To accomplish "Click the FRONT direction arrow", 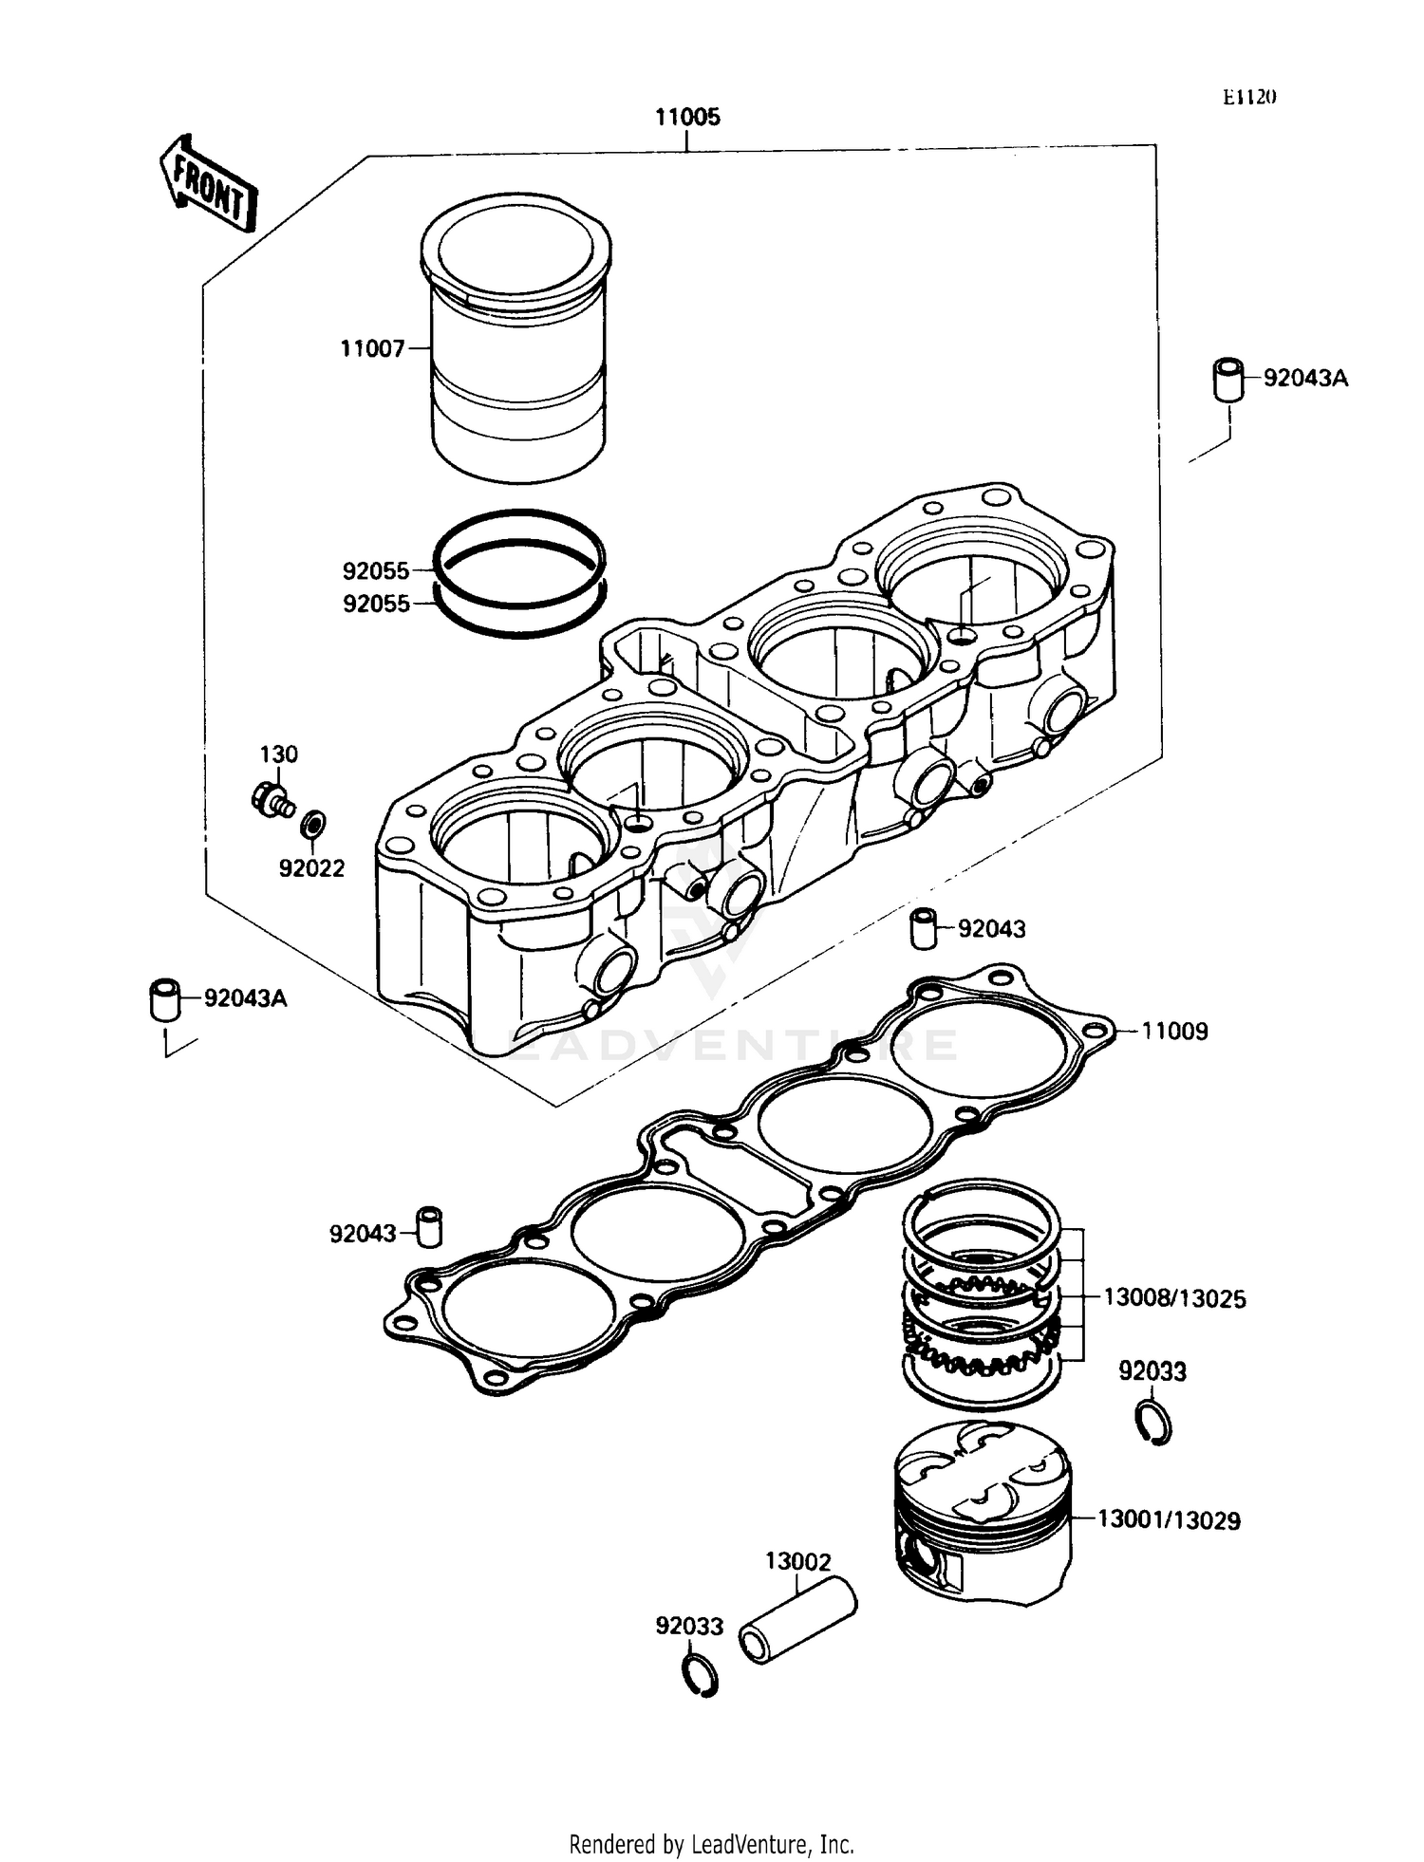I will pyautogui.click(x=208, y=183).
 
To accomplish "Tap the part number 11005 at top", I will pyautogui.click(x=687, y=117).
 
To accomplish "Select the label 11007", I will pyautogui.click(x=372, y=349).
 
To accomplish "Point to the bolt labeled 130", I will pyautogui.click(x=272, y=799).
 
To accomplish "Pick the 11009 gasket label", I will pyautogui.click(x=1174, y=1031).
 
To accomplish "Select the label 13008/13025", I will pyautogui.click(x=1174, y=1298).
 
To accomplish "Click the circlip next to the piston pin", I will pyautogui.click(x=700, y=1676).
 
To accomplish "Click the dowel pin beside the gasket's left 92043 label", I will pyautogui.click(x=431, y=1227).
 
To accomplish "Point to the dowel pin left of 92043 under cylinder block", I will pyautogui.click(x=924, y=928).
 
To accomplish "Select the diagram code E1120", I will pyautogui.click(x=1249, y=97).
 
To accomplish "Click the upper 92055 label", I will pyautogui.click(x=376, y=571).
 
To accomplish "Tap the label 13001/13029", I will pyautogui.click(x=1169, y=1520).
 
